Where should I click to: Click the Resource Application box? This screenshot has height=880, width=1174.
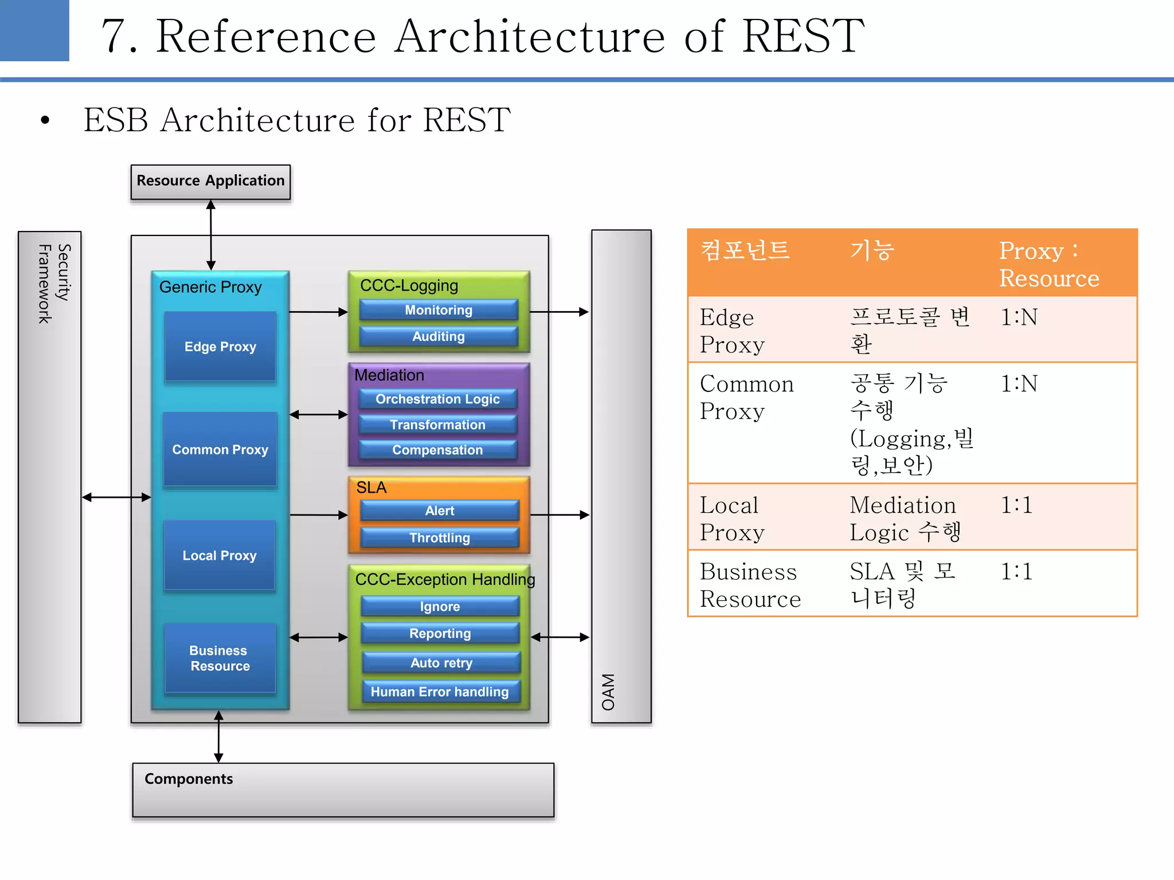click(210, 182)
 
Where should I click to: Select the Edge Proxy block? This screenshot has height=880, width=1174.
click(220, 347)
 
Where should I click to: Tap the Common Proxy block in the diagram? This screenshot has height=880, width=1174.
click(220, 450)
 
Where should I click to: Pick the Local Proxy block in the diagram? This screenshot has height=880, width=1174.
click(220, 555)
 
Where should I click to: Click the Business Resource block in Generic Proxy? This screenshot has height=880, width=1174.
click(220, 658)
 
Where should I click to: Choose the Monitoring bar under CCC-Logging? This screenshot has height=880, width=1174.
click(439, 310)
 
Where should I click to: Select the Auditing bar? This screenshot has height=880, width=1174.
click(439, 336)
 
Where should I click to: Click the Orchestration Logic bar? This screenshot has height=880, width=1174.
click(437, 399)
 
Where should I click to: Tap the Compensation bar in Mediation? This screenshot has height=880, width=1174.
click(437, 450)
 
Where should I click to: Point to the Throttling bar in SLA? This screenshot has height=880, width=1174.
click(440, 537)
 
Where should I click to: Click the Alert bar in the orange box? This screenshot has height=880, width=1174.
click(440, 510)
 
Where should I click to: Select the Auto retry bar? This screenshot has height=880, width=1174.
click(441, 663)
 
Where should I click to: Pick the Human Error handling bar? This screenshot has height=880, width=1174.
click(440, 692)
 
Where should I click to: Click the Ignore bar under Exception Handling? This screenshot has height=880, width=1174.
click(440, 606)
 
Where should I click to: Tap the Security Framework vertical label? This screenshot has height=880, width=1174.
click(54, 284)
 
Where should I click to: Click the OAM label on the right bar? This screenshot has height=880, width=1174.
click(608, 692)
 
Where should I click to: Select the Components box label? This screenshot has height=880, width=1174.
click(189, 779)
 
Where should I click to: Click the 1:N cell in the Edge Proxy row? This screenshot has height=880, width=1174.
click(1019, 317)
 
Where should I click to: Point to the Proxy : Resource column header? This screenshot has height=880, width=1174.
click(1048, 264)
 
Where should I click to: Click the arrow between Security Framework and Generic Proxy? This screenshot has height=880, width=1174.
click(116, 497)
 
